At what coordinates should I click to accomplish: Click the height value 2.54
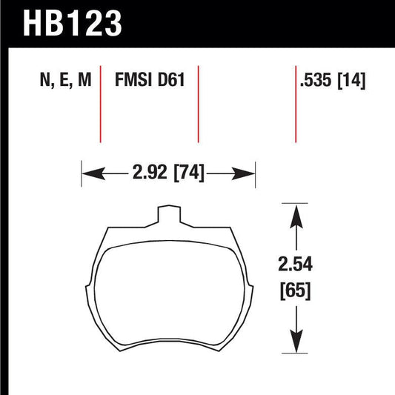296,264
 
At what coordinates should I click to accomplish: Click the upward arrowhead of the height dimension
296,213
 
